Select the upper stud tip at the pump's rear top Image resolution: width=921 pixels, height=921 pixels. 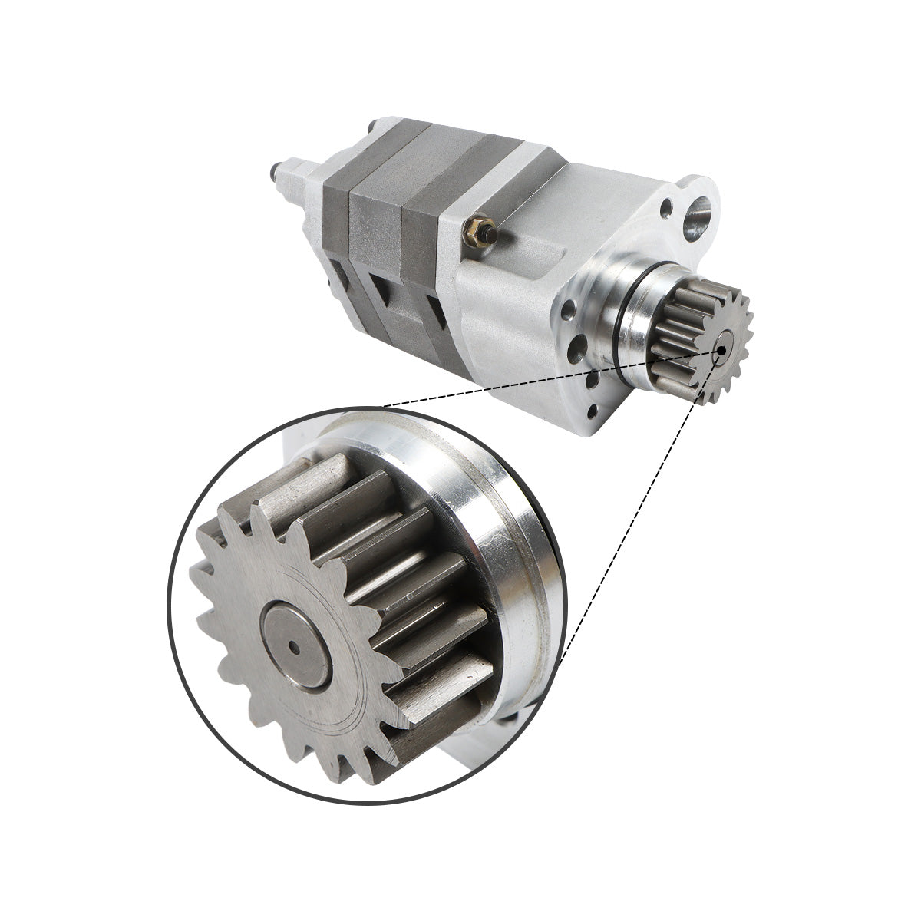coord(372,124)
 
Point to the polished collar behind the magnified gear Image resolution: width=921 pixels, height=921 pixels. coord(491,537)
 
